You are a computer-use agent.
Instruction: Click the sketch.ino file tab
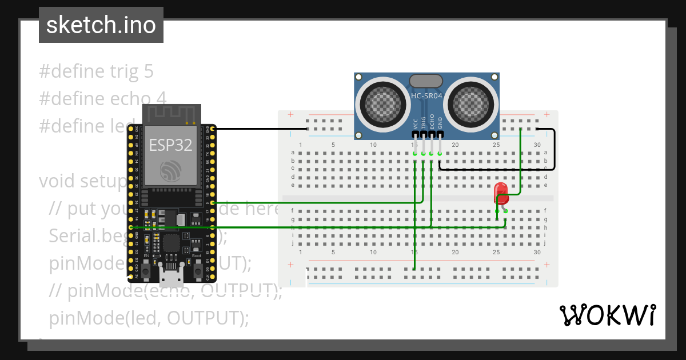(x=101, y=25)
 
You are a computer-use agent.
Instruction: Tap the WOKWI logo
(x=607, y=315)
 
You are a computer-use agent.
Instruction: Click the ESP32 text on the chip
(x=170, y=145)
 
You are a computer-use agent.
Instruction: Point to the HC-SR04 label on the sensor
(x=426, y=96)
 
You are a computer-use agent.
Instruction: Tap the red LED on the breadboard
(x=501, y=193)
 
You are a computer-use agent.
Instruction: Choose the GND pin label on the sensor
(x=440, y=123)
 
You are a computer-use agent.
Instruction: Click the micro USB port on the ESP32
(x=171, y=278)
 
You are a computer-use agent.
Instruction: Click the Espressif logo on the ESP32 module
(x=170, y=170)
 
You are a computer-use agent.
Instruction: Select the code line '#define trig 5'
(x=96, y=71)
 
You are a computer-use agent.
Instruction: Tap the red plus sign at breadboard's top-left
(x=291, y=115)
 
